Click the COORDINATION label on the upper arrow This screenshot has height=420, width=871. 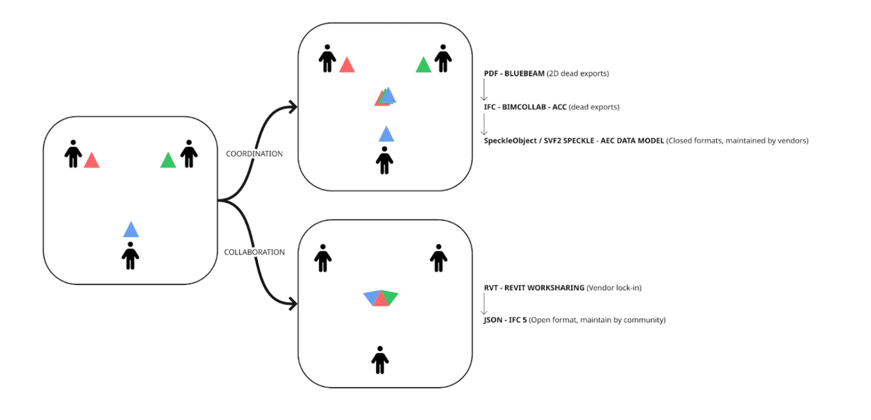pyautogui.click(x=254, y=154)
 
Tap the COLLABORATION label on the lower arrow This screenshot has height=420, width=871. pyautogui.click(x=254, y=252)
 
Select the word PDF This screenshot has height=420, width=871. pyautogui.click(x=491, y=73)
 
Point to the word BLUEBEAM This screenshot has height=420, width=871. pyautogui.click(x=524, y=73)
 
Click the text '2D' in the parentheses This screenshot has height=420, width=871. pyautogui.click(x=554, y=73)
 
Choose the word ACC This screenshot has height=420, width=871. pyautogui.click(x=559, y=107)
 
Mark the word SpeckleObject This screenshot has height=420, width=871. pyautogui.click(x=509, y=141)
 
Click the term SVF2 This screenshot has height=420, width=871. pyautogui.click(x=553, y=141)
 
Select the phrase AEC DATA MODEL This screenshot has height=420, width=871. pyautogui.click(x=632, y=141)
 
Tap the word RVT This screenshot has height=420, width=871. pyautogui.click(x=491, y=288)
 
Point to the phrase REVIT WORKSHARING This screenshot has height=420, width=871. pyautogui.click(x=544, y=288)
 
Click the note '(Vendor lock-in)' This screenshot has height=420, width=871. pyautogui.click(x=614, y=288)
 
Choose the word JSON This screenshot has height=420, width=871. pyautogui.click(x=493, y=320)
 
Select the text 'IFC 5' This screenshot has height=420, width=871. pyautogui.click(x=517, y=320)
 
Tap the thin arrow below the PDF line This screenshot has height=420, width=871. pyautogui.click(x=484, y=90)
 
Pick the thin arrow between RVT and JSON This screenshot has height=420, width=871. pyautogui.click(x=484, y=304)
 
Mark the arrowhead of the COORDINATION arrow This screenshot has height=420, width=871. pyautogui.click(x=292, y=107)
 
